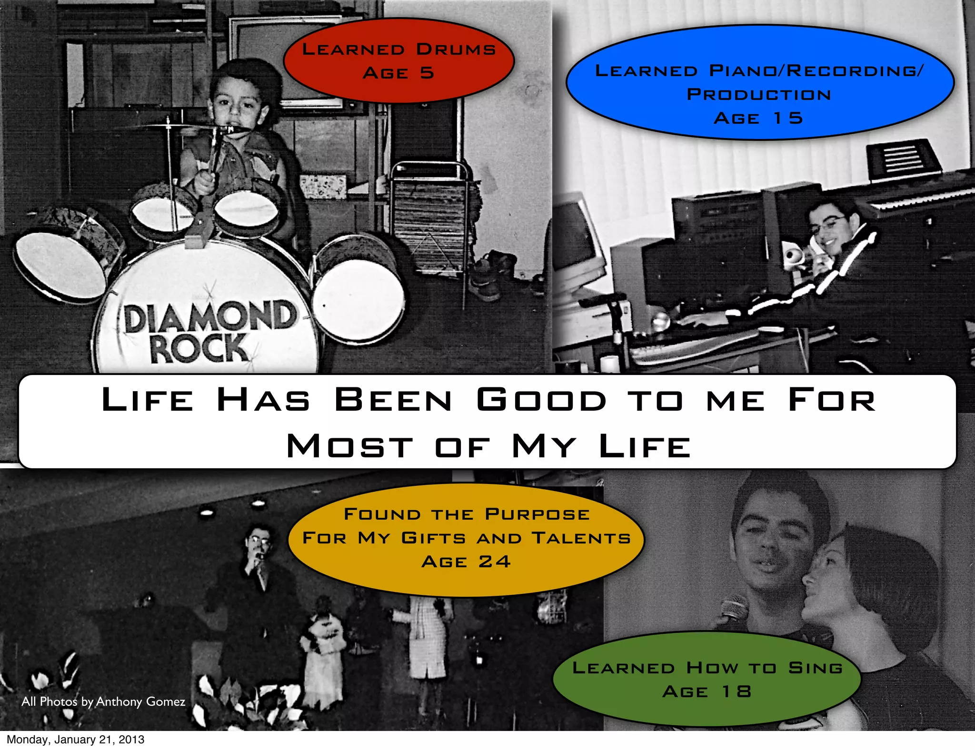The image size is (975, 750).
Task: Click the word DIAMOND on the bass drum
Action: pos(209,316)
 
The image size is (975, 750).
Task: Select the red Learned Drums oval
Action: pos(399,61)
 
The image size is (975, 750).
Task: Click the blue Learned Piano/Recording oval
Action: pos(760,82)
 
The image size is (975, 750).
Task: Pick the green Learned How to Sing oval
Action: pos(707,679)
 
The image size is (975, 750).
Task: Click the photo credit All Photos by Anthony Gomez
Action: pos(103,701)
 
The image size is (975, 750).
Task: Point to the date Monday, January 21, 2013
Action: pos(75,740)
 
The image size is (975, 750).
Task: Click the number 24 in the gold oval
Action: pos(495,562)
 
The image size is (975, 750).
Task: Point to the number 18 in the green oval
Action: pos(736,691)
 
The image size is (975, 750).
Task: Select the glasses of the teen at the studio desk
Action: pos(831,223)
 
